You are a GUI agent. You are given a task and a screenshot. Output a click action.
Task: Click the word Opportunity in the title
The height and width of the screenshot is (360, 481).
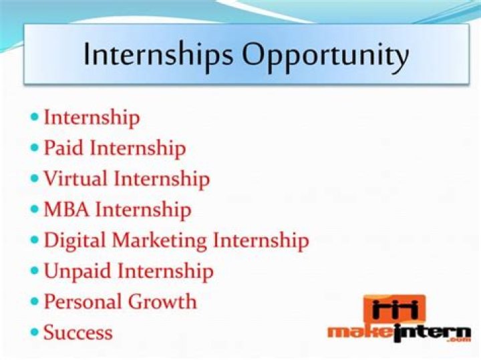[x=325, y=55]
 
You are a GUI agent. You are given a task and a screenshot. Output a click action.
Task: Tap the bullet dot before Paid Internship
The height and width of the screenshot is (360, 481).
[x=35, y=148]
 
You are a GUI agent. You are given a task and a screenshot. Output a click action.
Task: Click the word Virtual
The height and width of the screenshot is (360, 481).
[x=75, y=179]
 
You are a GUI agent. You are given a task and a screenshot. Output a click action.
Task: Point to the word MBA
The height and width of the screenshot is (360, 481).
[x=67, y=210]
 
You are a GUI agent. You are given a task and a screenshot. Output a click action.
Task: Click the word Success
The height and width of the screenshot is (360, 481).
[x=78, y=332]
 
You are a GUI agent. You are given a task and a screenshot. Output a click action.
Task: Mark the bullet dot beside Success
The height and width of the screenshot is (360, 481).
[x=35, y=332]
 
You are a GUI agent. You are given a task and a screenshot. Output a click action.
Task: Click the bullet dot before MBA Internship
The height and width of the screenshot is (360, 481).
[x=35, y=210]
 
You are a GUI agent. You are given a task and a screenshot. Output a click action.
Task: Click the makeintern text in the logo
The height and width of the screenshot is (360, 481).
[x=398, y=331]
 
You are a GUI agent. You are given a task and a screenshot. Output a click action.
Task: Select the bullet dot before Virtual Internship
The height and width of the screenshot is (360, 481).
[x=35, y=179]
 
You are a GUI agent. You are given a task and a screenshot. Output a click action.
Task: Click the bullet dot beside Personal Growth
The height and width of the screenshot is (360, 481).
[x=35, y=301]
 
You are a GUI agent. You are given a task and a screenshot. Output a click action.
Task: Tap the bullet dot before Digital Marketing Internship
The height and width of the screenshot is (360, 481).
[x=35, y=240]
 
